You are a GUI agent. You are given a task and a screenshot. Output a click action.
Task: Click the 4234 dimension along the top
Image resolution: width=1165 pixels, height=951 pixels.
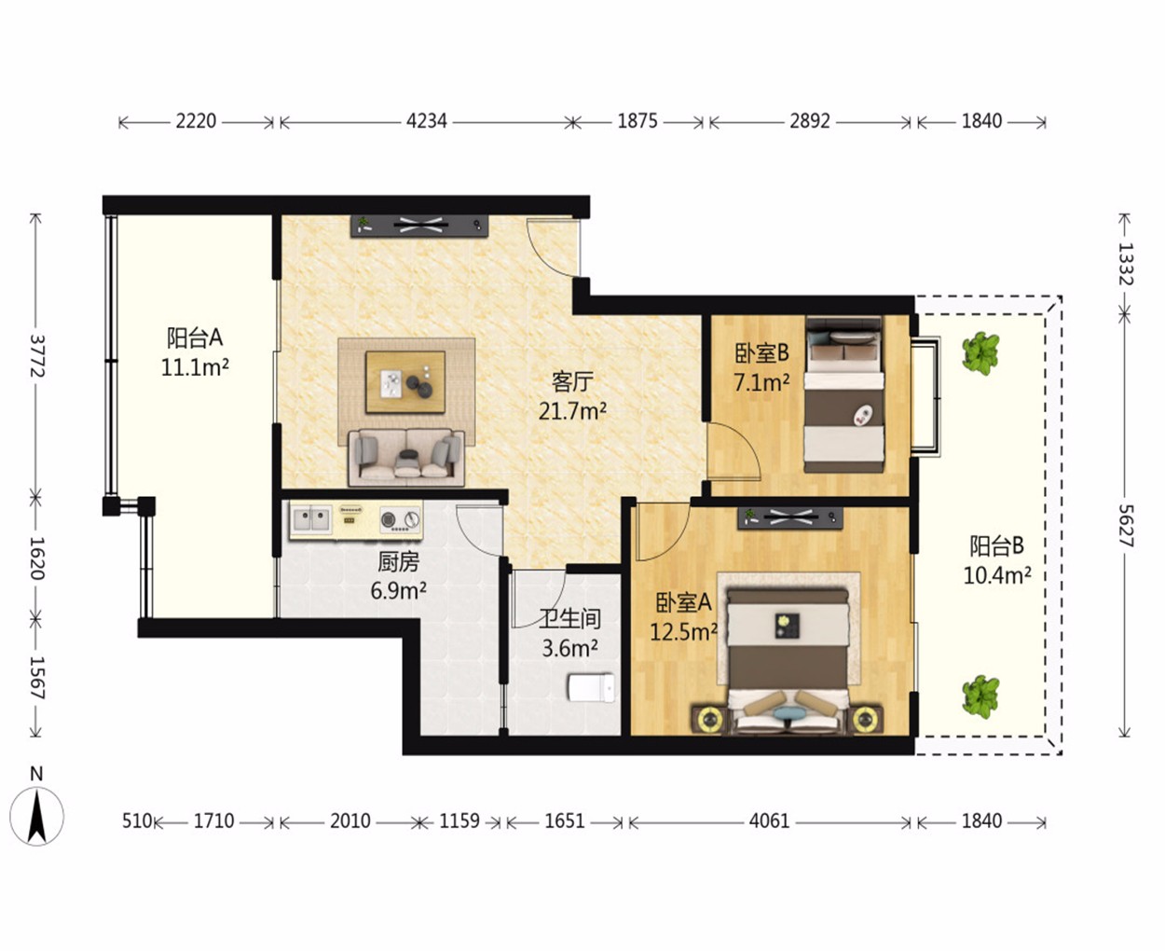[x=426, y=121]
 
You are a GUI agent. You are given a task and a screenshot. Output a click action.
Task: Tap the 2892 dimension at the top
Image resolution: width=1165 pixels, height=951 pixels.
[x=809, y=121]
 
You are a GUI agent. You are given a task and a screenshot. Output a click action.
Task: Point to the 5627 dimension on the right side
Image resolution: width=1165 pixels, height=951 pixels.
[x=1125, y=526]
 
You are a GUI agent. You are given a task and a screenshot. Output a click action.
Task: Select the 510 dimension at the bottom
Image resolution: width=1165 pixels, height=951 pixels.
[x=136, y=821]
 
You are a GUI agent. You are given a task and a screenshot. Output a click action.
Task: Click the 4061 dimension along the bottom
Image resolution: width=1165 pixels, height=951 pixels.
[x=769, y=821]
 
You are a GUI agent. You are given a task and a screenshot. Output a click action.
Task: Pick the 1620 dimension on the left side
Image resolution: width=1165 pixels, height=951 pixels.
[x=36, y=558]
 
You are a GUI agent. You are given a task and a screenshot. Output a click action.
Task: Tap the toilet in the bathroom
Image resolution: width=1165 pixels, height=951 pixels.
[x=591, y=687]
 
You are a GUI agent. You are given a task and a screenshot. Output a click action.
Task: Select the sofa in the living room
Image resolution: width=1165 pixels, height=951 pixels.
[x=406, y=458]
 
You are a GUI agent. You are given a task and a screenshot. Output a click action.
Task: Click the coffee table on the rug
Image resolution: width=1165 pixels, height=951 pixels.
[x=405, y=382]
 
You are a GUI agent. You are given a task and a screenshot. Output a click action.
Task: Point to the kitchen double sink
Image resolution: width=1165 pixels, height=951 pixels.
[x=311, y=519]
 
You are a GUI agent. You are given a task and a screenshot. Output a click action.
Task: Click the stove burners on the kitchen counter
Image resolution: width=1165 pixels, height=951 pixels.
[x=400, y=520]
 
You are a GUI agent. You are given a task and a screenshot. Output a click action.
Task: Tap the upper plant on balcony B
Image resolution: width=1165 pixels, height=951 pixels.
[x=980, y=352]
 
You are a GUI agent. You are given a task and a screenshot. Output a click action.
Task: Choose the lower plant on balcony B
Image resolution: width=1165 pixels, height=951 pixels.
[x=980, y=696]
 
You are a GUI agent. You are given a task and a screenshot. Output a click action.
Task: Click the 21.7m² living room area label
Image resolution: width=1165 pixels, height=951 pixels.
[x=572, y=411]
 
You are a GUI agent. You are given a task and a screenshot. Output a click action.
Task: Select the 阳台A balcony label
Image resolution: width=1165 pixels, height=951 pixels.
[x=195, y=338]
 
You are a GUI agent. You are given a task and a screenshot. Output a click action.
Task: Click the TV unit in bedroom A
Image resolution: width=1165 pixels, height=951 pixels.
[x=790, y=518]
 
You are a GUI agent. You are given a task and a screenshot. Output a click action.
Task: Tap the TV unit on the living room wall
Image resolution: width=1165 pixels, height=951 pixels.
[x=419, y=226]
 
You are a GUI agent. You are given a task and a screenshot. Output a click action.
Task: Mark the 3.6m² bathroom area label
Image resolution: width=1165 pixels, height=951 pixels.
[x=569, y=648]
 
